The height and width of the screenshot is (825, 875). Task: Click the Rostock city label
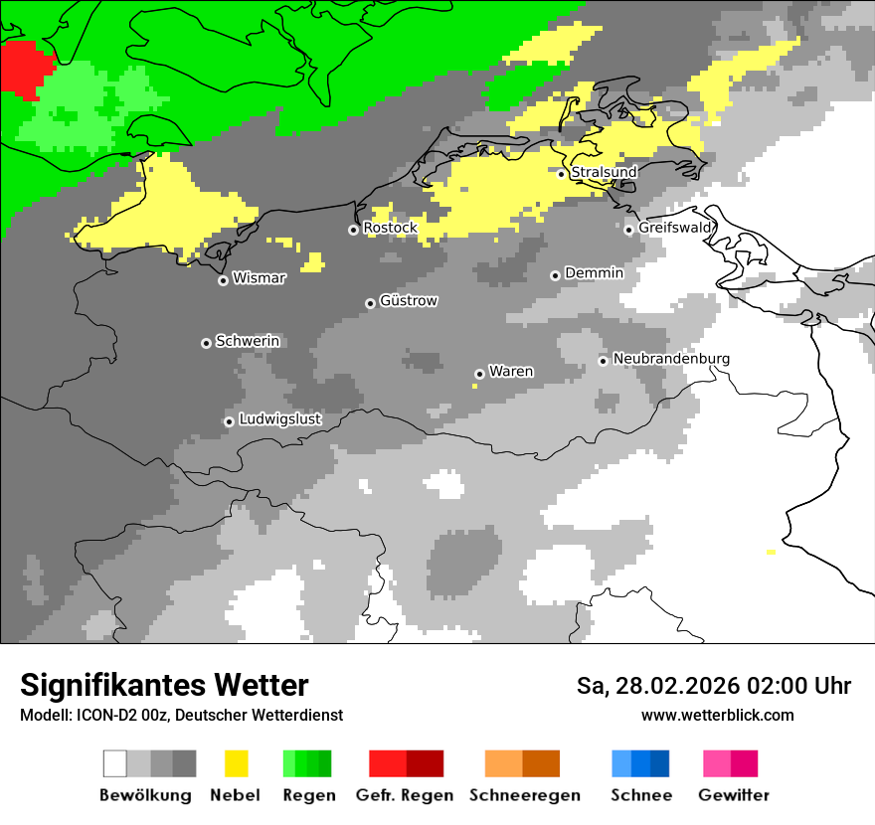click(390, 228)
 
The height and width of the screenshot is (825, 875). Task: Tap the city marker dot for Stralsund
click(562, 174)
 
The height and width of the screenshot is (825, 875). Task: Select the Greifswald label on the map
click(675, 228)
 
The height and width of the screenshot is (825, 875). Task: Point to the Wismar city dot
click(223, 280)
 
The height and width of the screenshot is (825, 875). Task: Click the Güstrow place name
click(409, 300)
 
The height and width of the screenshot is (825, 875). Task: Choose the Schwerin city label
click(248, 341)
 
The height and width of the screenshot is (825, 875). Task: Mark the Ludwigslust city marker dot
click(229, 421)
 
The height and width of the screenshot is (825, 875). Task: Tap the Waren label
click(511, 372)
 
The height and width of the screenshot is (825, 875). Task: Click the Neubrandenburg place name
click(671, 359)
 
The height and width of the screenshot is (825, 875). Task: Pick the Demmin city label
click(594, 272)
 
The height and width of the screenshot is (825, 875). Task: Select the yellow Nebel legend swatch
click(236, 763)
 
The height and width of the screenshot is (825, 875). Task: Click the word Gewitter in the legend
click(734, 795)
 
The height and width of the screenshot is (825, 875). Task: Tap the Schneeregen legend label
click(525, 795)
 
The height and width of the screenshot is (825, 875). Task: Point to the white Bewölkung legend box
click(115, 763)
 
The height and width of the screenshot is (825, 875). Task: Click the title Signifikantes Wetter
click(164, 685)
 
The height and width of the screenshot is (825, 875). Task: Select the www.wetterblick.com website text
click(717, 716)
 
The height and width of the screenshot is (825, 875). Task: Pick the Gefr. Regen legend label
click(405, 795)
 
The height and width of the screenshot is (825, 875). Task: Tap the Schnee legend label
click(641, 795)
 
